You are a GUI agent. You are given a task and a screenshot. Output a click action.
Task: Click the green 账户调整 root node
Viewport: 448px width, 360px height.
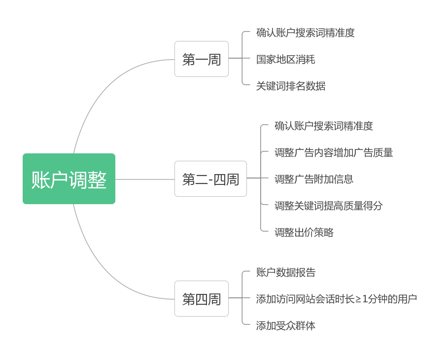click(x=69, y=179)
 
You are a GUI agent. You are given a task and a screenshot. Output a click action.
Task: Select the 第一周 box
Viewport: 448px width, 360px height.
click(x=201, y=59)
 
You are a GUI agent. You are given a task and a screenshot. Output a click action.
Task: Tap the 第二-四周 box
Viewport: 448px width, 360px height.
click(x=210, y=179)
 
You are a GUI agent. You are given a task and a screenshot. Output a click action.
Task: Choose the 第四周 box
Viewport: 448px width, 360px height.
click(x=201, y=299)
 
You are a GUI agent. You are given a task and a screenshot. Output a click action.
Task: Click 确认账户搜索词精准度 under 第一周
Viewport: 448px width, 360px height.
click(x=306, y=33)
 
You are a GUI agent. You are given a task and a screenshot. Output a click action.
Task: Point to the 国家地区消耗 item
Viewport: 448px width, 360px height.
click(x=285, y=60)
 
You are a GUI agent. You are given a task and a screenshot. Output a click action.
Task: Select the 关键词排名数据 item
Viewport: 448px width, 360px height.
click(x=291, y=86)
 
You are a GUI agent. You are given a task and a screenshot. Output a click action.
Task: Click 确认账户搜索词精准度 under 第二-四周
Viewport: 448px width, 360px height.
click(x=324, y=126)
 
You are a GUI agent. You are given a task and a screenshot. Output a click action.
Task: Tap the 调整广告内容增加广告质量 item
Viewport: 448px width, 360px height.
click(x=334, y=152)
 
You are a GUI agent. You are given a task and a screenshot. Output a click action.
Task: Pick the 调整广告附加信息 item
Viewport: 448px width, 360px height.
click(x=314, y=179)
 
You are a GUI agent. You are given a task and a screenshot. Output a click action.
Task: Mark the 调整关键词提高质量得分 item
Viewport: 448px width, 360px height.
click(x=329, y=206)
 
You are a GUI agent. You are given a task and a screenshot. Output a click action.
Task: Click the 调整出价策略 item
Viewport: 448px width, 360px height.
click(x=304, y=232)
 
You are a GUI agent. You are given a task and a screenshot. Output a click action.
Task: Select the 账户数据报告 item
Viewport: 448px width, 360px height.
click(x=286, y=272)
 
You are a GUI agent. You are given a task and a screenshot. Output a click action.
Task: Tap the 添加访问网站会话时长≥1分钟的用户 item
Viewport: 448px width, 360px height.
click(x=337, y=299)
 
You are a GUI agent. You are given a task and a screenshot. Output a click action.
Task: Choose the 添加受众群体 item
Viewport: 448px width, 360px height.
click(x=286, y=325)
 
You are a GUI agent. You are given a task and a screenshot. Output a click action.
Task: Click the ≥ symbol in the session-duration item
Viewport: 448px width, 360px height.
click(x=358, y=299)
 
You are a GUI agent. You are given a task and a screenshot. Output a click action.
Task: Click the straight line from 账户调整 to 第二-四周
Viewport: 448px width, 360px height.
click(x=145, y=179)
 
